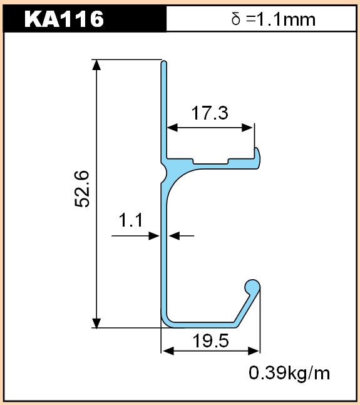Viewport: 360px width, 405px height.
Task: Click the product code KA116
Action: pos(64,19)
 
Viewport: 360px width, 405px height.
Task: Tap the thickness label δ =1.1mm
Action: pos(273,19)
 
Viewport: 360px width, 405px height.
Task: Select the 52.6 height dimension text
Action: pos(82,189)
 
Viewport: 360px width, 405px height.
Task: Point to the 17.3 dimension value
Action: pos(210,113)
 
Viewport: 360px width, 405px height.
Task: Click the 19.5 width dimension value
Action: pos(211,341)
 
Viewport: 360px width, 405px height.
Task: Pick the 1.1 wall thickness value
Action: pos(131,220)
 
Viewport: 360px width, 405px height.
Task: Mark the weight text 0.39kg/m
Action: pos(289,373)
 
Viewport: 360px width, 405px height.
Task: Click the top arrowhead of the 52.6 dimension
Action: pos(96,65)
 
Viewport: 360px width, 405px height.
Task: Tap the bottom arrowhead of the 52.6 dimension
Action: pos(96,323)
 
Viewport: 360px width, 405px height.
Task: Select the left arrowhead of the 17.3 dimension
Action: pos(172,127)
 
